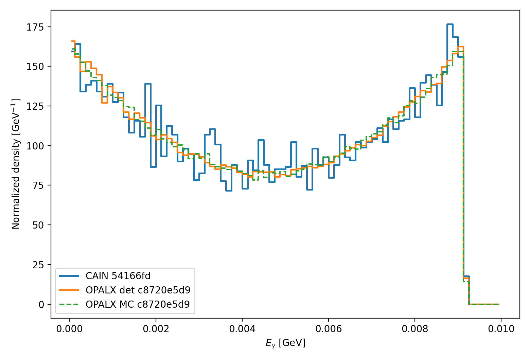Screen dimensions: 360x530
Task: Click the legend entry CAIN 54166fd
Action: [118, 276]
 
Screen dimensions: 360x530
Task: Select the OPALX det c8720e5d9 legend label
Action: [138, 290]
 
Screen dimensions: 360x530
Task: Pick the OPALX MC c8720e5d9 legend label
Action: [138, 304]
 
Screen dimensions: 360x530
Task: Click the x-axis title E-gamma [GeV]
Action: [285, 343]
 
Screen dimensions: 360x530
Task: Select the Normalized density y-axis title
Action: [16, 164]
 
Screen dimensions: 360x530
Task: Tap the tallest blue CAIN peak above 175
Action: [450, 24]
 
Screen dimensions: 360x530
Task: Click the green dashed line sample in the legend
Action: [69, 304]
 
